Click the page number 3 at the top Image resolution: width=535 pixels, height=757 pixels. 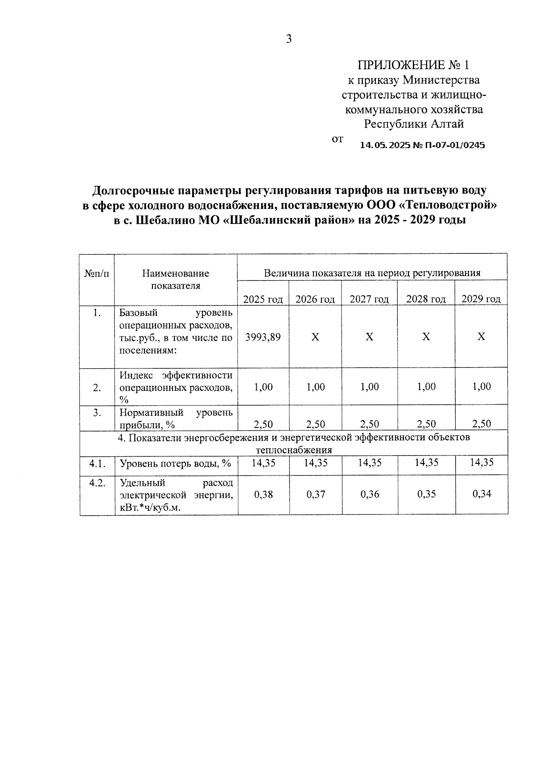coord(288,39)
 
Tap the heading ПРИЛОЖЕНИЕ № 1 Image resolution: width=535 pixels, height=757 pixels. coord(413,65)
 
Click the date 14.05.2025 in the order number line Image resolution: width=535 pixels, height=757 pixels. coord(380,145)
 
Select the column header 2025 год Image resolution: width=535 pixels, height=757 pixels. coord(263,299)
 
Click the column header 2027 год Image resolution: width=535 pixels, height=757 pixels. coord(369,299)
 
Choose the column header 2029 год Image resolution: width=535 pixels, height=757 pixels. coord(481,299)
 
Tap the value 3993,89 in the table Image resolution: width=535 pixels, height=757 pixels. coord(263,337)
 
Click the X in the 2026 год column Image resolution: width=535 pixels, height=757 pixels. coord(315,337)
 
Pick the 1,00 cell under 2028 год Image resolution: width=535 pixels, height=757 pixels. coord(426,387)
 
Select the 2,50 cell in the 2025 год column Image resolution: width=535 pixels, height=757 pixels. coord(263,424)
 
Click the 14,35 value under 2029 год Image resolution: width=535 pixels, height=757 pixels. coord(481,463)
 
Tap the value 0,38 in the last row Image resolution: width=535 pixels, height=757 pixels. coord(263,494)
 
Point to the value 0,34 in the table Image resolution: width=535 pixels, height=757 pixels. coord(481,494)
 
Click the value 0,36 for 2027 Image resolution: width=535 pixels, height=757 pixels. coord(370,494)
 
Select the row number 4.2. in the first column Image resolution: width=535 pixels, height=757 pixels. coord(97,483)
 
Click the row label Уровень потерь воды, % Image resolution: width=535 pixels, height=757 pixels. coord(175,463)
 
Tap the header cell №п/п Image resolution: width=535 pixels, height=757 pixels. coord(97,273)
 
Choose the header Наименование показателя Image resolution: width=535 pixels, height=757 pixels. coord(176,279)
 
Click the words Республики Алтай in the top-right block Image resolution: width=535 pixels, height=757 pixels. coord(414,124)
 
